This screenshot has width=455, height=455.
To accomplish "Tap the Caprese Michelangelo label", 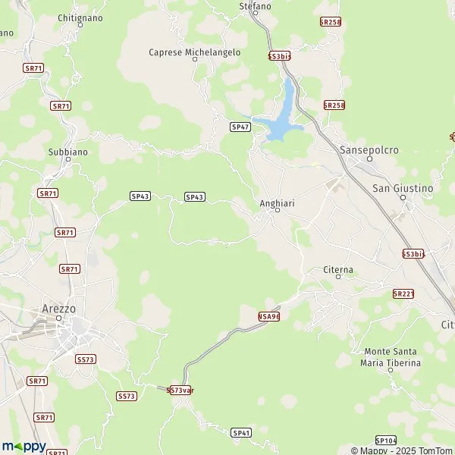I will (195, 52).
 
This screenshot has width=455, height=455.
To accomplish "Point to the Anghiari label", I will (276, 203).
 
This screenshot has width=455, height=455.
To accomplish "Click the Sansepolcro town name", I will (369, 150).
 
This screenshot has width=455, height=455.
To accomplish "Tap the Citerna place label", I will (338, 269).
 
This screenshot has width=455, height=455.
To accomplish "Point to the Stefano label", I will (255, 6).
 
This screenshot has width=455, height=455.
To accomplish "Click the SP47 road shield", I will (240, 127).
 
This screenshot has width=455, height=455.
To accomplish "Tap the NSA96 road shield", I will (268, 315).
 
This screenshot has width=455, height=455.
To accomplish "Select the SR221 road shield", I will (403, 293).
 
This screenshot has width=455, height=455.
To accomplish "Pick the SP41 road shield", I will (241, 432).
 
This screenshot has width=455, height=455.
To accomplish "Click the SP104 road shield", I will (385, 440).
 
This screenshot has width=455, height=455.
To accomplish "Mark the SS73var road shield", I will (179, 390).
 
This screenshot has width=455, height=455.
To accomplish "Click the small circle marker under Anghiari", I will (277, 211).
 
